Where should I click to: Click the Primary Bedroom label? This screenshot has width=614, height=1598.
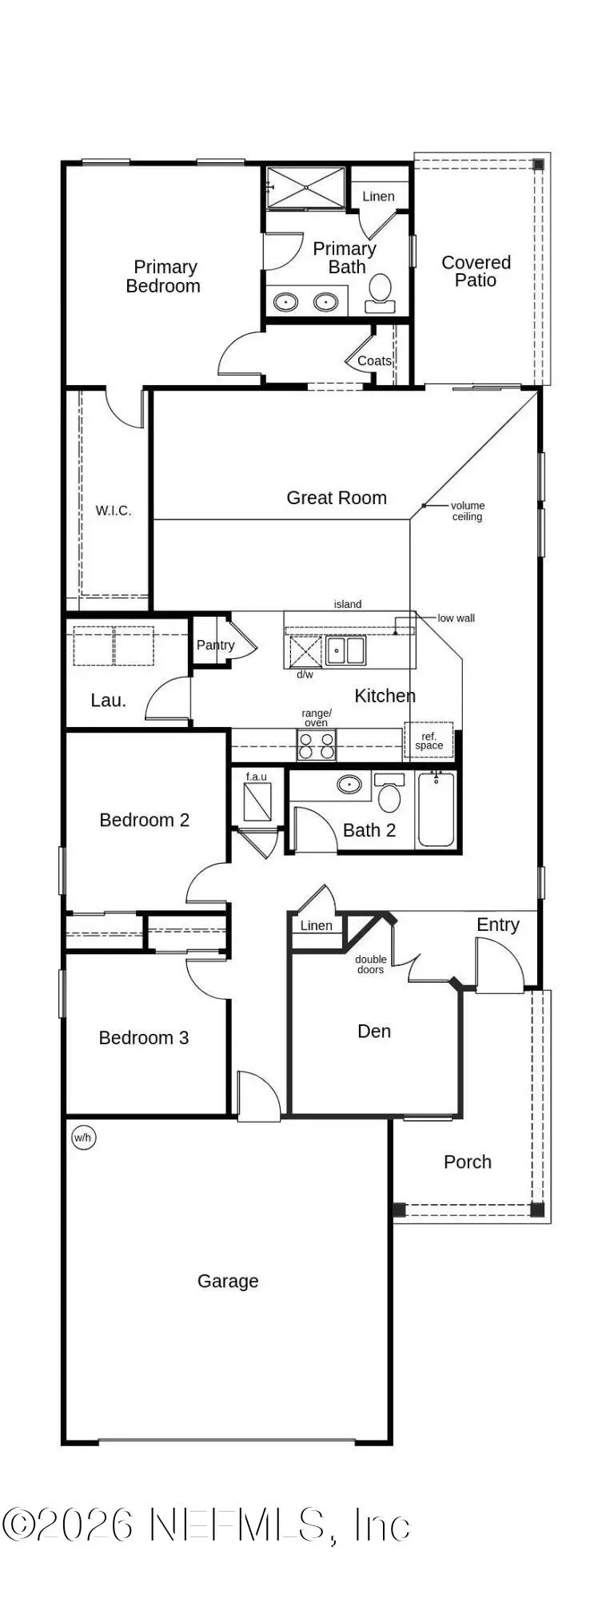tap(164, 276)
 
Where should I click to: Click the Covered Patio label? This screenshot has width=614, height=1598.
tap(476, 271)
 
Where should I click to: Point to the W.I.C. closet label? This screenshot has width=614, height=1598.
tap(114, 511)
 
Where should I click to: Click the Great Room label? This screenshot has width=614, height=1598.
tap(337, 498)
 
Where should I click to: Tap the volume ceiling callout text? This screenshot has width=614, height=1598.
tap(468, 511)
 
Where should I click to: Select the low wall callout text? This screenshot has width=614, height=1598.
tap(456, 618)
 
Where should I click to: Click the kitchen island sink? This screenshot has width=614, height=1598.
tap(345, 650)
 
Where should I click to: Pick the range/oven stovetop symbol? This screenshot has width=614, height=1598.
tap(317, 745)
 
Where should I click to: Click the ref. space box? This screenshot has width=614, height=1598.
tap(429, 741)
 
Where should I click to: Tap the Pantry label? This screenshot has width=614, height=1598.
tap(215, 645)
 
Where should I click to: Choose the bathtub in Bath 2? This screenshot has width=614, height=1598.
tap(437, 809)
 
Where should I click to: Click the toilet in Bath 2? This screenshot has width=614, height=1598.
tap(389, 793)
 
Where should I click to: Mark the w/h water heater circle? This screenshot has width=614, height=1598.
tap(84, 1138)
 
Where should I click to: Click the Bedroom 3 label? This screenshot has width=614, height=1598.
tap(144, 1038)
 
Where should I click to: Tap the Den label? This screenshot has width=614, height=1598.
tap(374, 1032)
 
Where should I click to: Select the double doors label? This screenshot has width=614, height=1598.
tap(370, 964)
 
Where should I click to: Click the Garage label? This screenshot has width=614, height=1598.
tap(228, 1282)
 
